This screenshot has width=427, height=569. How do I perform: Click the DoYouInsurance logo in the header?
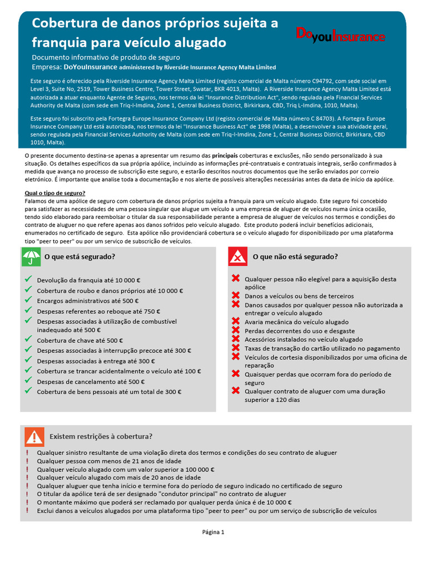(x=340, y=36)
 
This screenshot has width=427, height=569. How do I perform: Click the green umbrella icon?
(x=31, y=257)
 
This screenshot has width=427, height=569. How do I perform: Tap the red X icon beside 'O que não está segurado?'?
(x=238, y=257)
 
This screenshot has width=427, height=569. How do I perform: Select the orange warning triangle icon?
(x=34, y=436)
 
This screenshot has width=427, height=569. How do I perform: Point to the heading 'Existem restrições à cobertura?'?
(x=101, y=436)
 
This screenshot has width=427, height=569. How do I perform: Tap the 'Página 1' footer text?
(x=213, y=532)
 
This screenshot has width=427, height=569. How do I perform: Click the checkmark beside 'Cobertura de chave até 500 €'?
(x=28, y=340)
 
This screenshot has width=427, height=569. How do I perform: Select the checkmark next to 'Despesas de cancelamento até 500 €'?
(x=28, y=381)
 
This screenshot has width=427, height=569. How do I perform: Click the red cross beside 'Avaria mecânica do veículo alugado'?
(x=236, y=321)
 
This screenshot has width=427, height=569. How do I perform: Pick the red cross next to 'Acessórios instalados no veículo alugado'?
(x=236, y=339)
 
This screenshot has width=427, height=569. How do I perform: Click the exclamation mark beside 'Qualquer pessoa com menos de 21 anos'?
(x=27, y=461)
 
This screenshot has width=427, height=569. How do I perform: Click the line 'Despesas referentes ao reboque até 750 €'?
(x=98, y=311)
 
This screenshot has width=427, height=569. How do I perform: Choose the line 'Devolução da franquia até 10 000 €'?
(x=88, y=280)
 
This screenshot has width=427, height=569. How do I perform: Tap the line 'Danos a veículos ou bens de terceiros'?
(x=299, y=296)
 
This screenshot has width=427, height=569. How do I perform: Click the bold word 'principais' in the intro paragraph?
(x=225, y=156)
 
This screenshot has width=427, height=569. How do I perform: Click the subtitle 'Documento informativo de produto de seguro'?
(x=106, y=57)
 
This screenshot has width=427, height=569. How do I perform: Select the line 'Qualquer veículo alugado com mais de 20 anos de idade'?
(x=119, y=477)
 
